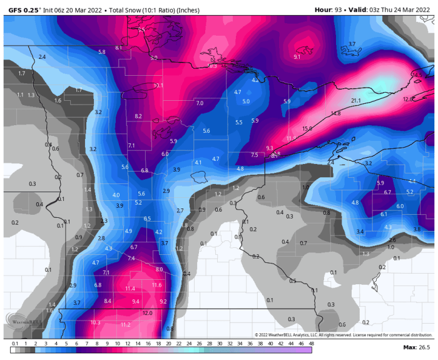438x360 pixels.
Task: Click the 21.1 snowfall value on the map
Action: (x=356, y=101)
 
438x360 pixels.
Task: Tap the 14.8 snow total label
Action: (x=335, y=113)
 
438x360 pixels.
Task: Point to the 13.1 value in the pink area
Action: (x=158, y=85)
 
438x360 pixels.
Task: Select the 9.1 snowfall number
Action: (x=297, y=57)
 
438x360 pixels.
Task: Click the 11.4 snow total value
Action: (x=130, y=288)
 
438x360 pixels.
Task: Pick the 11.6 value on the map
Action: (x=156, y=285)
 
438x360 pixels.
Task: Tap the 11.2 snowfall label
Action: (x=125, y=324)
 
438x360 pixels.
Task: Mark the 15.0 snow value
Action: (x=307, y=128)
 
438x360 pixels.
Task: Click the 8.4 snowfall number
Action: (x=108, y=301)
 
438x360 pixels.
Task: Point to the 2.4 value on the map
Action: (x=42, y=57)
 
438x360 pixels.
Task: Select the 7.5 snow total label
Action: (x=255, y=155)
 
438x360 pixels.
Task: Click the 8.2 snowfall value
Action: (x=138, y=116)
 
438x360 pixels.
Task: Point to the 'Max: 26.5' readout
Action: (x=415, y=347)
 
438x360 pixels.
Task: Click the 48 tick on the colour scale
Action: (x=311, y=343)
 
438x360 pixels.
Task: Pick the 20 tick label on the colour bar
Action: (x=168, y=343)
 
